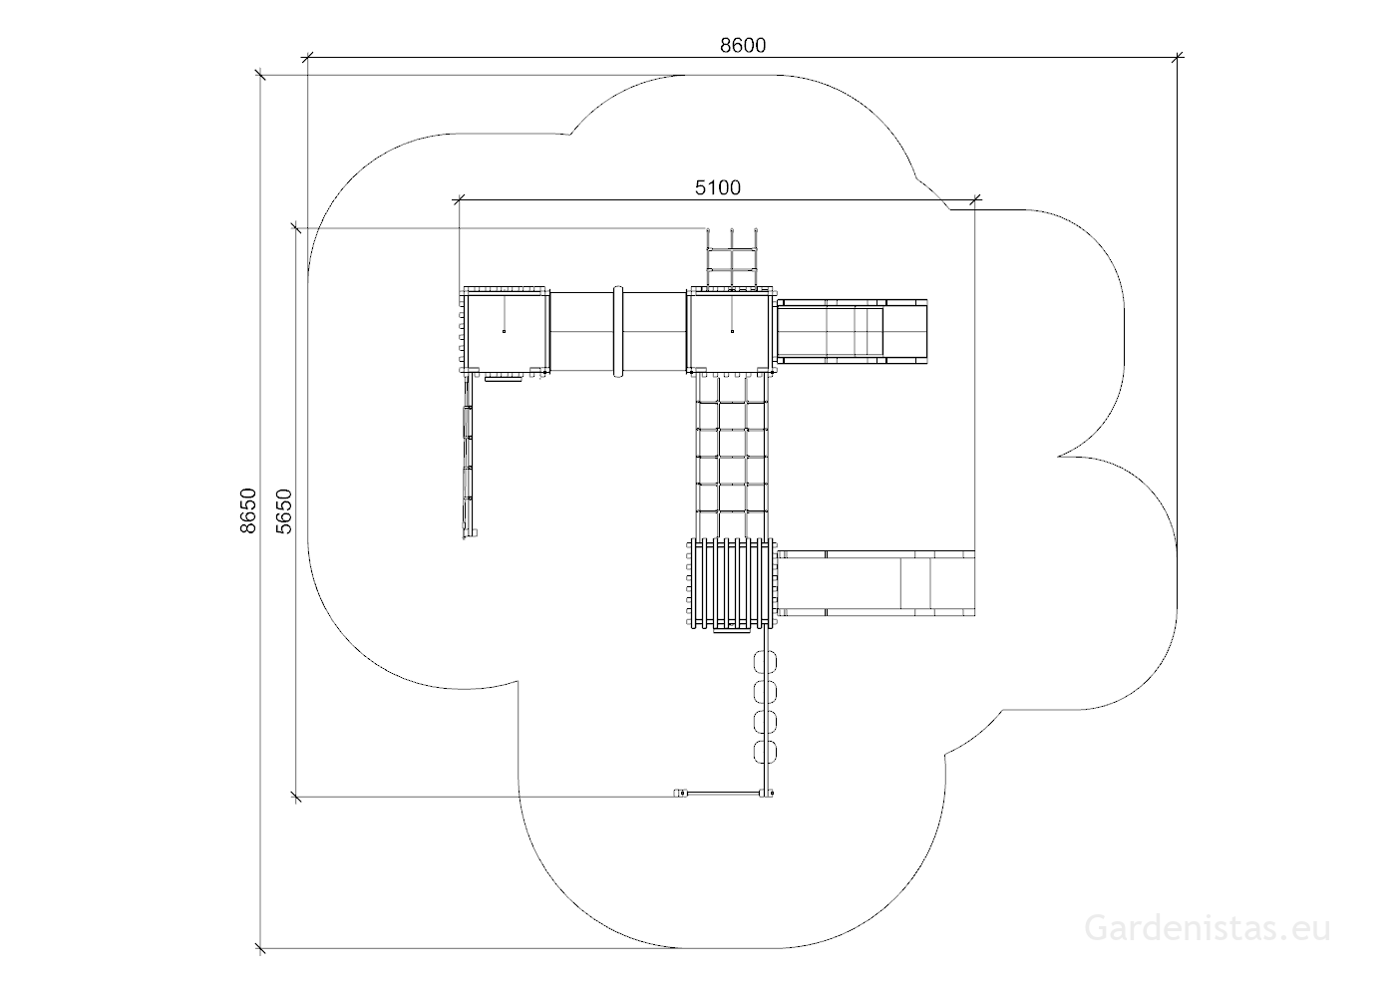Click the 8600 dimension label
click(x=743, y=46)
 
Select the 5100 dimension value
click(x=718, y=187)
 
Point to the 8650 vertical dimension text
click(x=248, y=510)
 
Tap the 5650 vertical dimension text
click(x=284, y=511)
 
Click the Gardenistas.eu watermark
click(x=1208, y=928)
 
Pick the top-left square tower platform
click(x=506, y=330)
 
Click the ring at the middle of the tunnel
click(x=618, y=332)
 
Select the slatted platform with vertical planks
click(x=731, y=583)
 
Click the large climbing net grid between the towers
click(x=731, y=457)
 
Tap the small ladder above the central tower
click(x=731, y=258)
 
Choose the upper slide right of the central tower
click(x=852, y=330)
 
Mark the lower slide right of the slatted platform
click(x=875, y=583)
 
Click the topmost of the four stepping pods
click(x=765, y=662)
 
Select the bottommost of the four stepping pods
click(x=765, y=752)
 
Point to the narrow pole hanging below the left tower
click(x=468, y=457)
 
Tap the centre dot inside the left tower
click(x=504, y=332)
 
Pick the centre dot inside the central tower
click(x=733, y=332)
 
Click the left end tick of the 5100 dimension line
click(x=459, y=199)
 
